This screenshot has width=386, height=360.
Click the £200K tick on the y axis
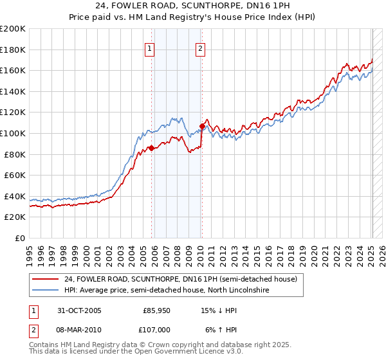[13, 29]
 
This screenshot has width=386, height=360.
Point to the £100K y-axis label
[13, 133]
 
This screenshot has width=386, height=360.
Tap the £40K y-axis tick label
[15, 196]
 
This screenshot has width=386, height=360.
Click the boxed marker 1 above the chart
[149, 48]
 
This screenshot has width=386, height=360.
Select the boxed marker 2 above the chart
[200, 48]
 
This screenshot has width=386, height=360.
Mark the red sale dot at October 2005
[152, 148]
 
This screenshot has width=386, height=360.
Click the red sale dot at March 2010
[202, 126]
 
